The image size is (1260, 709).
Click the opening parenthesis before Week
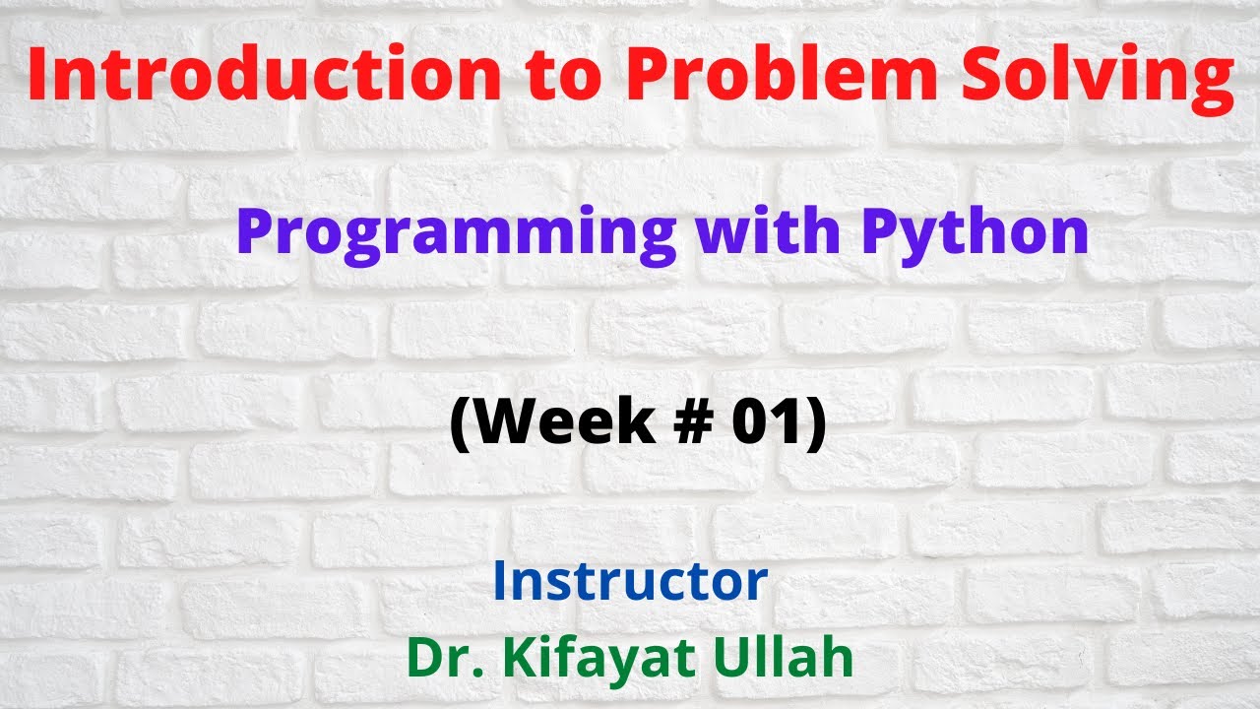click(x=461, y=425)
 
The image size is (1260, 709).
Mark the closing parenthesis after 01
click(x=815, y=425)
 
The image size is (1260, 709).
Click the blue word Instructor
click(x=630, y=581)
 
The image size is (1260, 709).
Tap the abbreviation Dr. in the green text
click(x=439, y=658)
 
